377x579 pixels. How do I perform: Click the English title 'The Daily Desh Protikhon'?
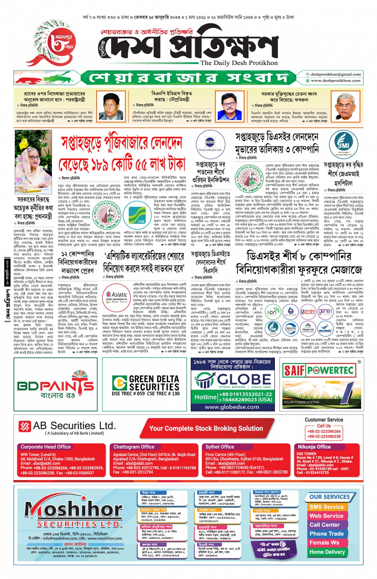239,63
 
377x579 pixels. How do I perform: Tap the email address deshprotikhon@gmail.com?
336,74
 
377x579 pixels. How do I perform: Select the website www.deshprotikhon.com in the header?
336,81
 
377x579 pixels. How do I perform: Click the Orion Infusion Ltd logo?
210,144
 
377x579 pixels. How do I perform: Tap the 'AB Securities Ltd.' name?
74,425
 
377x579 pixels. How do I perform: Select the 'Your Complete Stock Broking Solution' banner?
206,428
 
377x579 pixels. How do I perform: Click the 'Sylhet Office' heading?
220,447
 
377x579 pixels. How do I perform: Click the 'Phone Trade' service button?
326,534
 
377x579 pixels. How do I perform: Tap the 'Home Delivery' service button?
327,552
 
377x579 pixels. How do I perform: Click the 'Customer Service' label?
324,419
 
